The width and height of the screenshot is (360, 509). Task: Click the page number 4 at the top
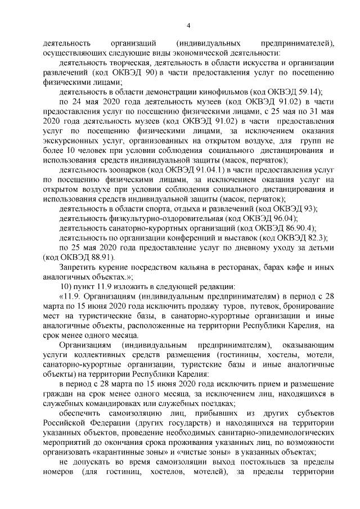point(188,25)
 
